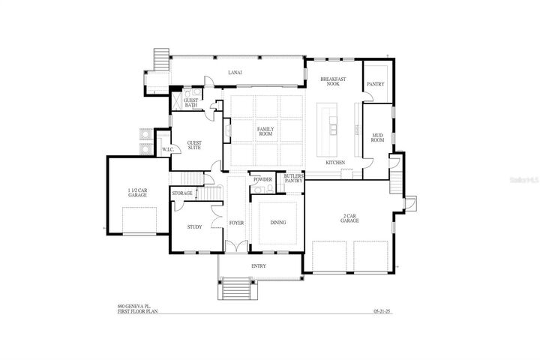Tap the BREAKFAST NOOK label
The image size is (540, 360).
(x=331, y=82)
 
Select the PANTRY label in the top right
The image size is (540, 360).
(x=375, y=85)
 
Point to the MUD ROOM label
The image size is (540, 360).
(x=378, y=137)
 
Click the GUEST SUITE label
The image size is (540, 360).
(x=194, y=145)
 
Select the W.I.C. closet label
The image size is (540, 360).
(x=169, y=148)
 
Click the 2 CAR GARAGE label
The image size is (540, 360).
(x=349, y=218)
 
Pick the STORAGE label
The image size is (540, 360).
(x=182, y=193)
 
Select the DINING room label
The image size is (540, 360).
(x=277, y=223)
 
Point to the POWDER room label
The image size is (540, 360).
(x=262, y=180)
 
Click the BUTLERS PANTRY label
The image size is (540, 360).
(x=293, y=178)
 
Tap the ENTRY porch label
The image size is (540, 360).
(x=259, y=266)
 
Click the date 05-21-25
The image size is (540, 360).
(x=382, y=311)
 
